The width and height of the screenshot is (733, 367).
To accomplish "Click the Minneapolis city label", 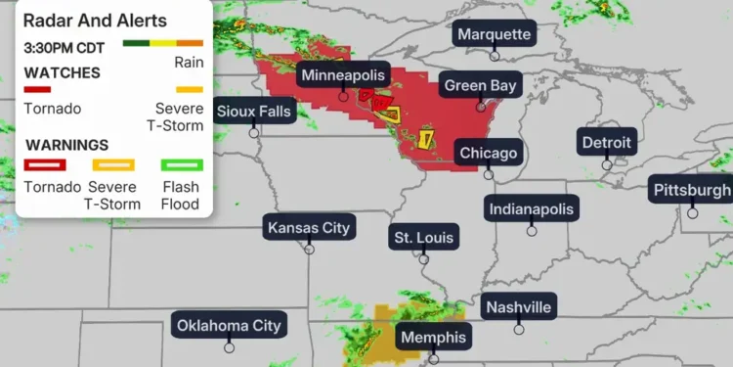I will pyautogui.click(x=343, y=75).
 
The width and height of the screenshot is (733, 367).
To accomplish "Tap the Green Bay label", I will pyautogui.click(x=480, y=85).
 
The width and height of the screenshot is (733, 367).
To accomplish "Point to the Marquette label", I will pyautogui.click(x=495, y=34).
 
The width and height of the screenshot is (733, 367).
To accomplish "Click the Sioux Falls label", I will pyautogui.click(x=254, y=111).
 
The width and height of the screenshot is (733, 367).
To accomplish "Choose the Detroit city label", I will pyautogui.click(x=607, y=143).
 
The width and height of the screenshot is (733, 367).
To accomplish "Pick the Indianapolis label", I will pyautogui.click(x=532, y=208).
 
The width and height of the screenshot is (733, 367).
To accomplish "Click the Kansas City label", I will pyautogui.click(x=309, y=228).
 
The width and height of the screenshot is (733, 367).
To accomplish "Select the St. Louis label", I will pyautogui.click(x=423, y=237).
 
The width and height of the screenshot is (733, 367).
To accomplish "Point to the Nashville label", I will pyautogui.click(x=518, y=307).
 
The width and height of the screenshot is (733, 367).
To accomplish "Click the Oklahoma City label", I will pyautogui.click(x=229, y=326).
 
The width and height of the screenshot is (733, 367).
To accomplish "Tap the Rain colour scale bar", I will pyautogui.click(x=162, y=44).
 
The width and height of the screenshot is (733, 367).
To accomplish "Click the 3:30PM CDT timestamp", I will pyautogui.click(x=63, y=46).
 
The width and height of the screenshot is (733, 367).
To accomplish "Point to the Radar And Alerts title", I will pyautogui.click(x=95, y=21).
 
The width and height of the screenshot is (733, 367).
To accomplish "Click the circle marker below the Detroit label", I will pyautogui.click(x=607, y=164).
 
